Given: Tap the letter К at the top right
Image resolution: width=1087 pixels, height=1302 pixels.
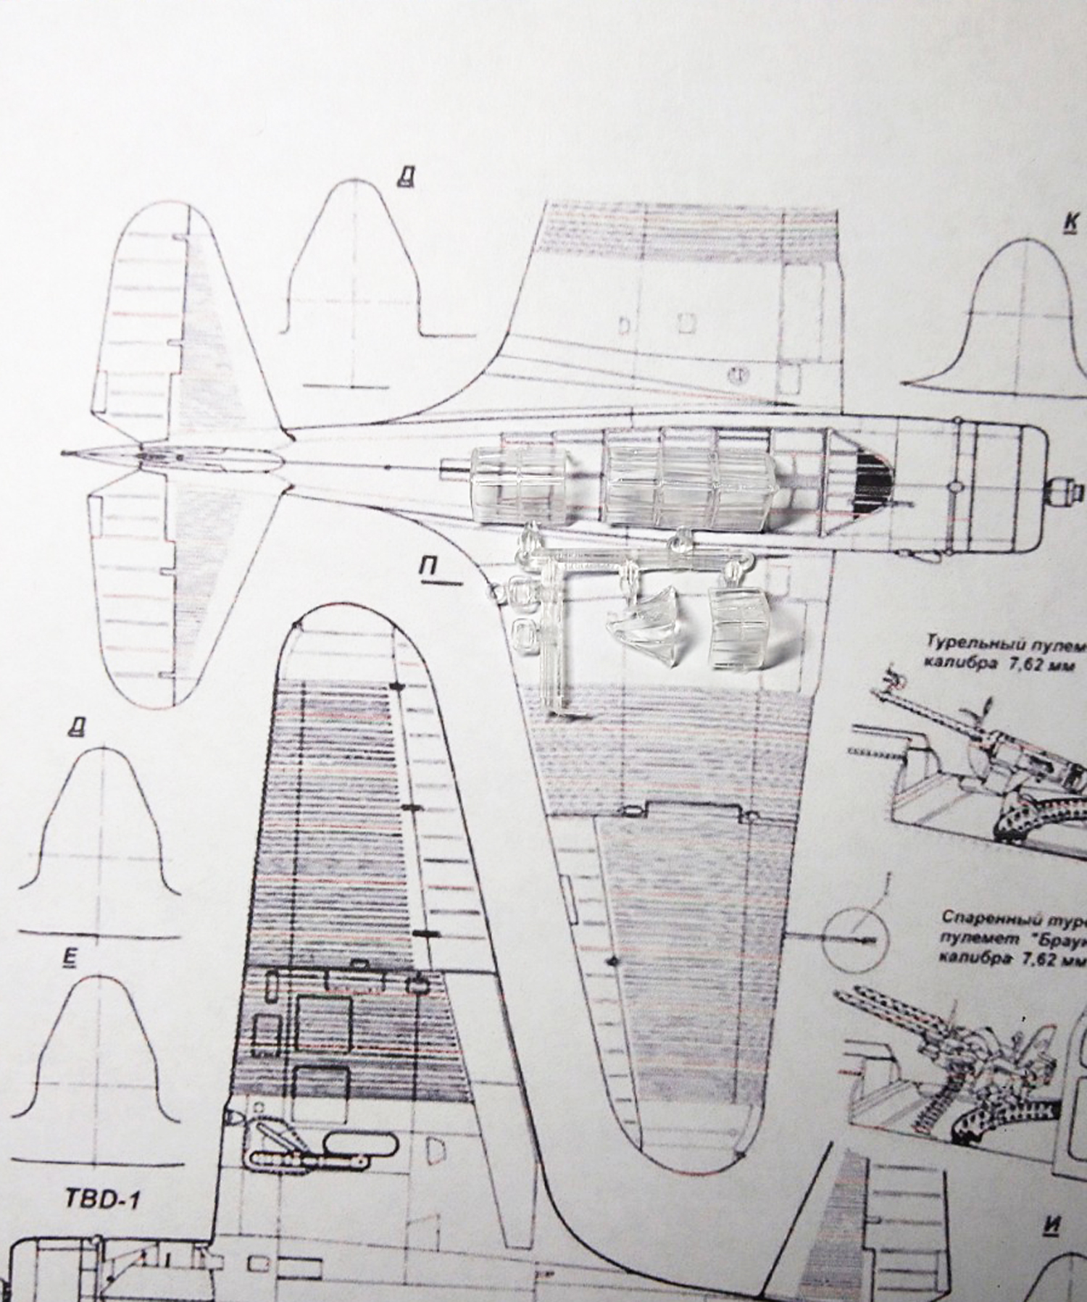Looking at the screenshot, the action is (x=1070, y=224).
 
